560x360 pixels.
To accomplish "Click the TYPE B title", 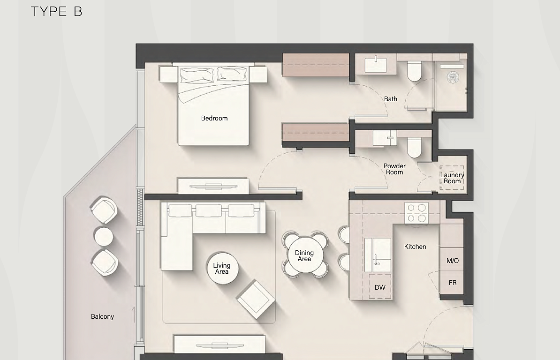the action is tap(56, 11).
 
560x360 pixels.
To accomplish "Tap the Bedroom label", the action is tap(214, 118).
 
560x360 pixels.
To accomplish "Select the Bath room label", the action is tap(390, 99).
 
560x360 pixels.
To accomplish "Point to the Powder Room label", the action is tap(394, 169).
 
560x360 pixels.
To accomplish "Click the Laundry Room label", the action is tap(452, 178).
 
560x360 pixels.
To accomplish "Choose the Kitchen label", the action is tap(415, 247).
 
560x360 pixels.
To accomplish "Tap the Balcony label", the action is tap(102, 316).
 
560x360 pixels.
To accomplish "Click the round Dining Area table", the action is tap(305, 255).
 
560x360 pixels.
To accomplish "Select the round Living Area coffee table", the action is tap(222, 268).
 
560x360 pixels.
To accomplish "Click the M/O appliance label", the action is tap(453, 261).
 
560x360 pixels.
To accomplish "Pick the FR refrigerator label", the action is tap(453, 283).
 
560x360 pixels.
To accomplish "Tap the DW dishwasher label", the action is tap(380, 287).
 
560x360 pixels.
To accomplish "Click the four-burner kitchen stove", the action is tap(416, 213).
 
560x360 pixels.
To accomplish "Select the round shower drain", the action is tap(453, 77).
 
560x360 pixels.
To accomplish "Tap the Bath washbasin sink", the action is tap(376, 65).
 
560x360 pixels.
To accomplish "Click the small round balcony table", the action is tap(104, 237).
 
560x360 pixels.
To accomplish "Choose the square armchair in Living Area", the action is tap(256, 300).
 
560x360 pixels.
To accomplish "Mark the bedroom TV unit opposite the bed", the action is tap(213, 186).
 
